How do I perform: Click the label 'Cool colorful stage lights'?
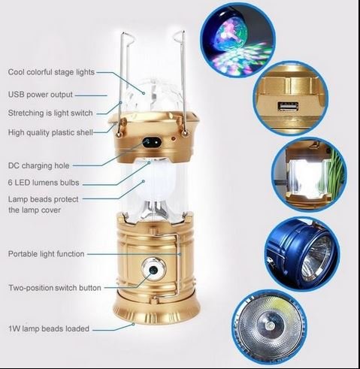(x=51, y=72)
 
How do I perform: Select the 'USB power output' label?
(x=41, y=95)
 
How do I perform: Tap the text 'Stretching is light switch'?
(x=50, y=113)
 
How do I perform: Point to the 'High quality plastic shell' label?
(x=50, y=132)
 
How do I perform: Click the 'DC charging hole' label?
(x=39, y=165)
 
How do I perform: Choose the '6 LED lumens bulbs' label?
(x=44, y=183)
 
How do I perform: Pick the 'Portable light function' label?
(x=47, y=254)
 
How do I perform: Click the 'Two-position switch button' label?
(x=55, y=288)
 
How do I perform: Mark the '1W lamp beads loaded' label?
(x=49, y=328)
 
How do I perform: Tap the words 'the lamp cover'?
(x=35, y=210)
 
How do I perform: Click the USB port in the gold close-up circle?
(x=288, y=106)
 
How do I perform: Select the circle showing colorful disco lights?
(x=237, y=41)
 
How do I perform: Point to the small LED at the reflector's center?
(x=270, y=326)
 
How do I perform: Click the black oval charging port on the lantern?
(x=152, y=142)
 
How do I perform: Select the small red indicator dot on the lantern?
(x=173, y=138)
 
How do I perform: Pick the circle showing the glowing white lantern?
(x=310, y=175)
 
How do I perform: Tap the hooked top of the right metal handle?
(x=180, y=35)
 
